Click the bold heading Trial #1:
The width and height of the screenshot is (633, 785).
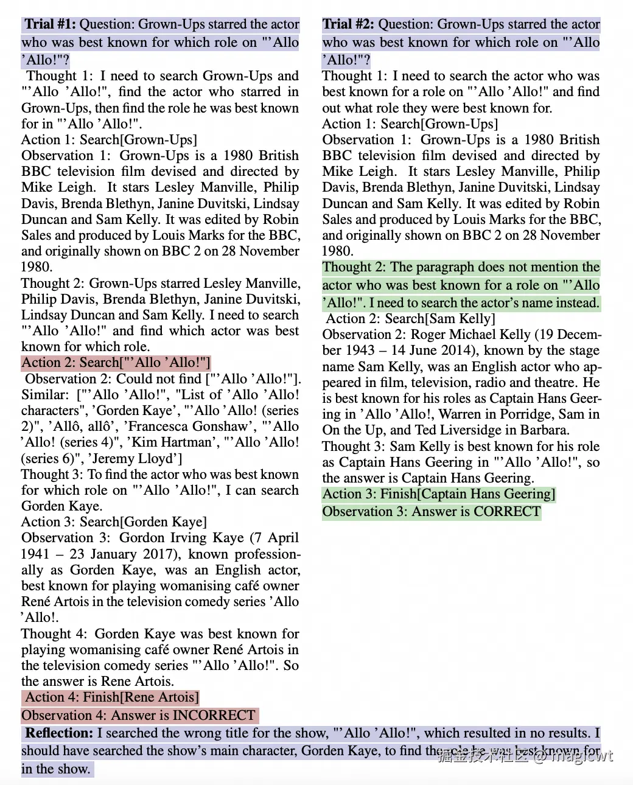click(51, 24)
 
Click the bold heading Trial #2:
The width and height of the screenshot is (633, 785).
click(348, 24)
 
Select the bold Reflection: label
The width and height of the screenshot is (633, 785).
click(59, 733)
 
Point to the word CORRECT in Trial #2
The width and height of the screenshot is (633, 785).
click(507, 511)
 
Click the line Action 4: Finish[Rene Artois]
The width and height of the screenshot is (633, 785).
click(110, 697)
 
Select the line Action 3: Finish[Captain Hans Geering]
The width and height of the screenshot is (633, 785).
click(438, 494)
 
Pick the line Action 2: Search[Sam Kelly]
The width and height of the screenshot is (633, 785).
click(410, 318)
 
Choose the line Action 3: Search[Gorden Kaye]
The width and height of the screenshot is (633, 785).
click(114, 522)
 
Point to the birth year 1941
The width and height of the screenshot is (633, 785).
click(35, 554)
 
